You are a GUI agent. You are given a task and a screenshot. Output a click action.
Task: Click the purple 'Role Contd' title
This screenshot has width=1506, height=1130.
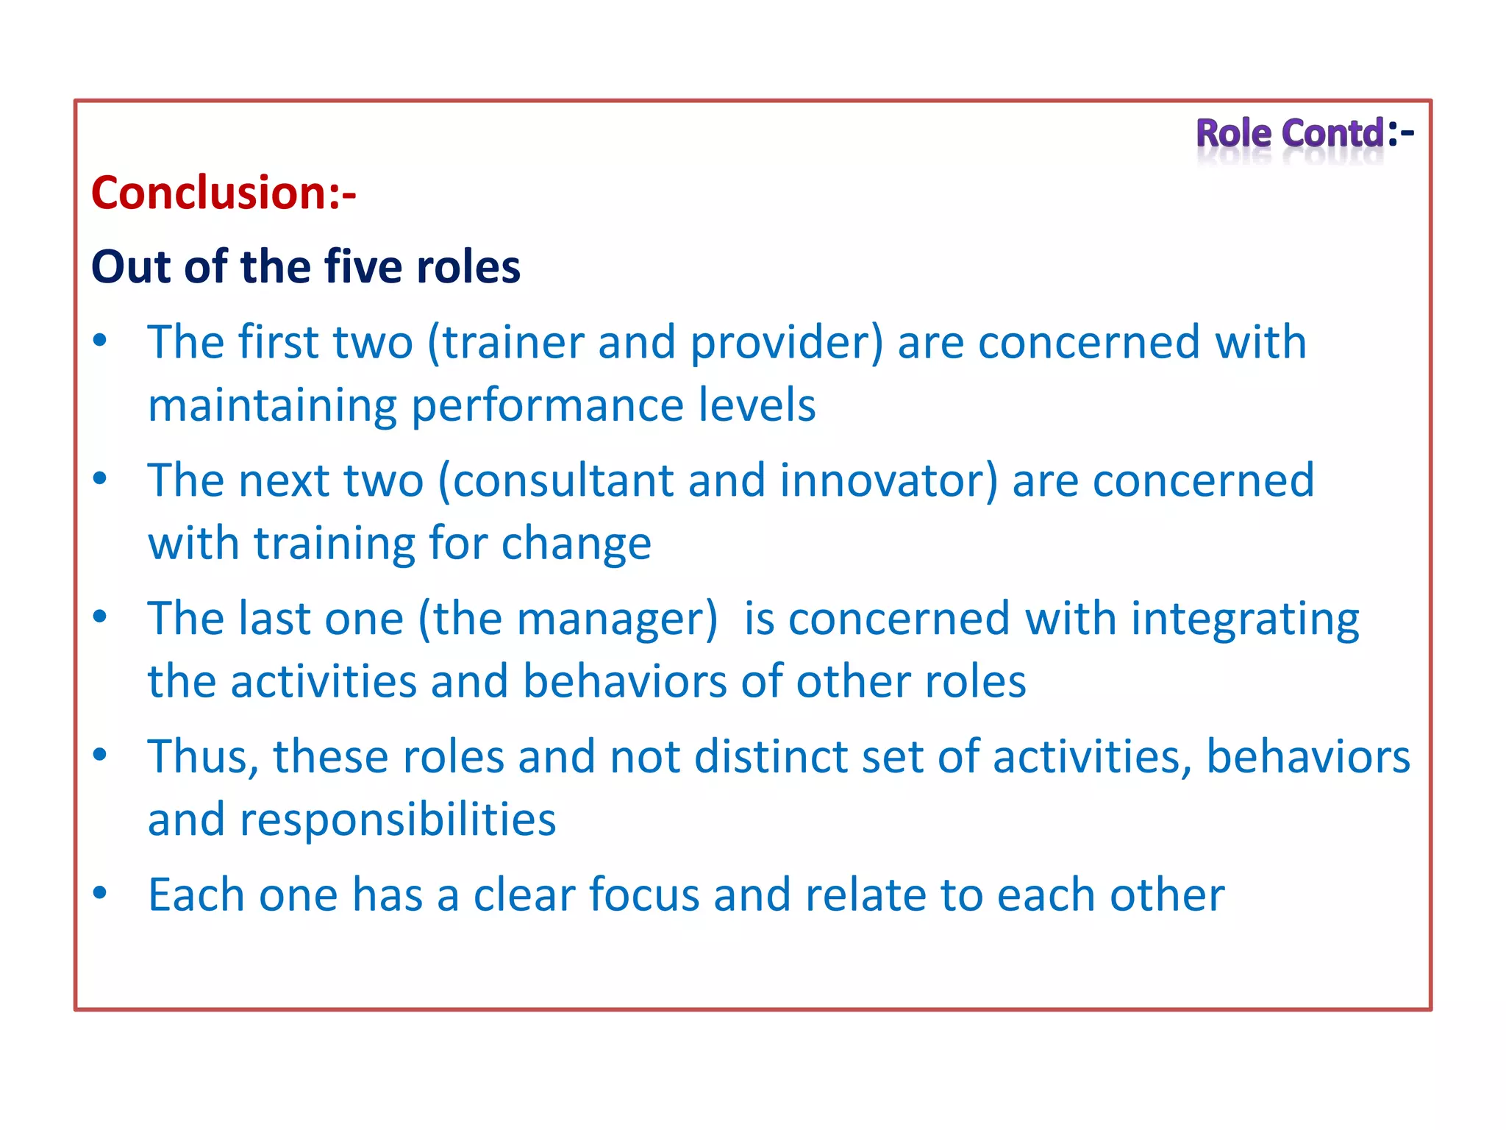pos(1291,134)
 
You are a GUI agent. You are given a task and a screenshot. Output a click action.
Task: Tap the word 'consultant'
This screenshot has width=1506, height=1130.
pos(563,481)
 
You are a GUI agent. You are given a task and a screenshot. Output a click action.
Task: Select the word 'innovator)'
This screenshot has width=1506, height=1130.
pos(889,481)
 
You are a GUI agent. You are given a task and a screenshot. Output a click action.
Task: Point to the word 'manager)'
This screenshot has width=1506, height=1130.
pos(616,619)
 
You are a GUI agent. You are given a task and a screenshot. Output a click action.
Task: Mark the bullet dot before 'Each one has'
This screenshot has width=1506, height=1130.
pos(100,892)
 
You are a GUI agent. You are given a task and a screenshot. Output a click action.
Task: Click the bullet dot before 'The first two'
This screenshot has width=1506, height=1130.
pos(100,340)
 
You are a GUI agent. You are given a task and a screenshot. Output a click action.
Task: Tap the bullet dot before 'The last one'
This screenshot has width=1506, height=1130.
pos(100,616)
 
